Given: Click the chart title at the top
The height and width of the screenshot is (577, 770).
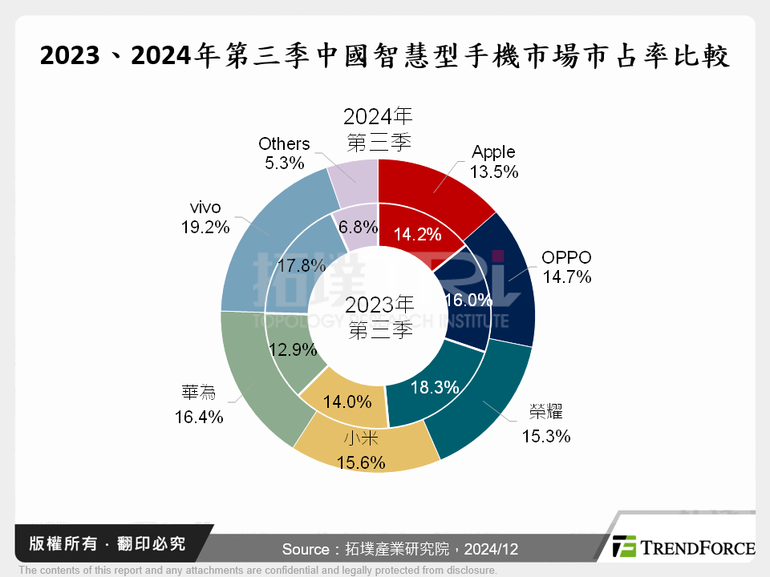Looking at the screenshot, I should pyautogui.click(x=385, y=57).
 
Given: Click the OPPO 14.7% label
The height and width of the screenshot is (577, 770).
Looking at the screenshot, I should pyautogui.click(x=566, y=268).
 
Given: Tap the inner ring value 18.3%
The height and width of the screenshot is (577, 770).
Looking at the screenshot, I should pyautogui.click(x=434, y=388).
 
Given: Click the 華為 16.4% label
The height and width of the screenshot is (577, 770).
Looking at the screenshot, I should pyautogui.click(x=199, y=405).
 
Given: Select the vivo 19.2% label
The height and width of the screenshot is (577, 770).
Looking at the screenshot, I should pyautogui.click(x=205, y=217).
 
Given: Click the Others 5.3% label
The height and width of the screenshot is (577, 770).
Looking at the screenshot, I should pyautogui.click(x=284, y=153).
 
